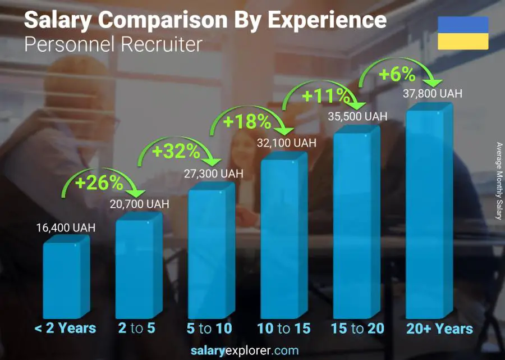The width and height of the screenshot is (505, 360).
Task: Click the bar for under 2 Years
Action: (x=66, y=278)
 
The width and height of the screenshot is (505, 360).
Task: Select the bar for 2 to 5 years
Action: (x=139, y=267)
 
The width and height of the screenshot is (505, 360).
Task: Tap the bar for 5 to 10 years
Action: (x=210, y=253)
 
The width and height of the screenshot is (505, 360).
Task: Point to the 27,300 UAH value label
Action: (x=214, y=174)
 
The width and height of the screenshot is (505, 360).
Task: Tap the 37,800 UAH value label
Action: (x=433, y=94)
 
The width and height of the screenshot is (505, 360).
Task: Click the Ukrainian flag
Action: (x=462, y=33)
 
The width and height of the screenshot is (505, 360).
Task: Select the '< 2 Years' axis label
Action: (x=66, y=329)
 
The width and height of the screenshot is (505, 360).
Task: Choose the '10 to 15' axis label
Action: (x=284, y=329)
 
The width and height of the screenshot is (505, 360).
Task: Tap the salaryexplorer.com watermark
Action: (x=252, y=351)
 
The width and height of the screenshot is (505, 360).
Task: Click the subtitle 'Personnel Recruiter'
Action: (x=113, y=44)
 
